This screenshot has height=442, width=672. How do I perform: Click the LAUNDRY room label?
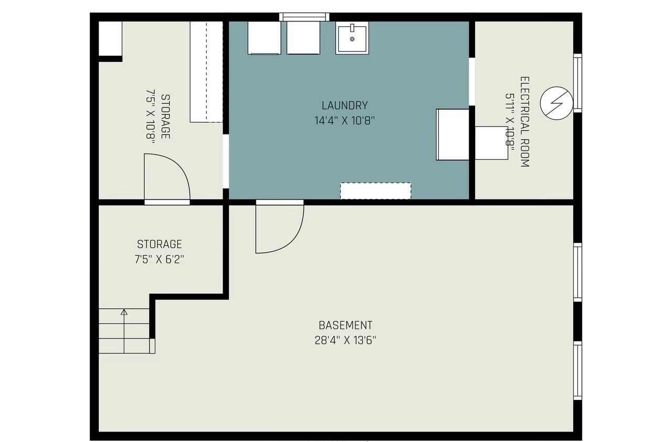pos(344,105)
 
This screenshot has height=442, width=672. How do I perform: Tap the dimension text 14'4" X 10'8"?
pos(344,120)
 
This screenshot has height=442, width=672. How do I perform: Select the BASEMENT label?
pos(345,325)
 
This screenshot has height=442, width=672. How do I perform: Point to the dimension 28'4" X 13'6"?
pos(345,340)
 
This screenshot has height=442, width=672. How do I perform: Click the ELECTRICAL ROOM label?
pos(524,122)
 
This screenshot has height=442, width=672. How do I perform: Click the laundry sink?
pos(352,37)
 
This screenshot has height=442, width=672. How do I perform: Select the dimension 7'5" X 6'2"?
pos(160,259)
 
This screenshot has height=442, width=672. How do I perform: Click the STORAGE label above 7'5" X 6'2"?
pos(160,244)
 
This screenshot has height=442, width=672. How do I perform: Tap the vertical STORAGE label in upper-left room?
pos(165,117)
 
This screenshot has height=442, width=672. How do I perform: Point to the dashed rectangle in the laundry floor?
pos(375,190)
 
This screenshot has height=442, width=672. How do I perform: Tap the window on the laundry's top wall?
pos(304,17)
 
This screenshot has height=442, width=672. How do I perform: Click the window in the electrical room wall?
pos(577,83)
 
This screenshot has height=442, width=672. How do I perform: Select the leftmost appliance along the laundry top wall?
pos(265,37)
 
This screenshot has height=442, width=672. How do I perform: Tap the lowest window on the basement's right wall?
pos(577,371)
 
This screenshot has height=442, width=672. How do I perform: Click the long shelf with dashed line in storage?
pos(206,71)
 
